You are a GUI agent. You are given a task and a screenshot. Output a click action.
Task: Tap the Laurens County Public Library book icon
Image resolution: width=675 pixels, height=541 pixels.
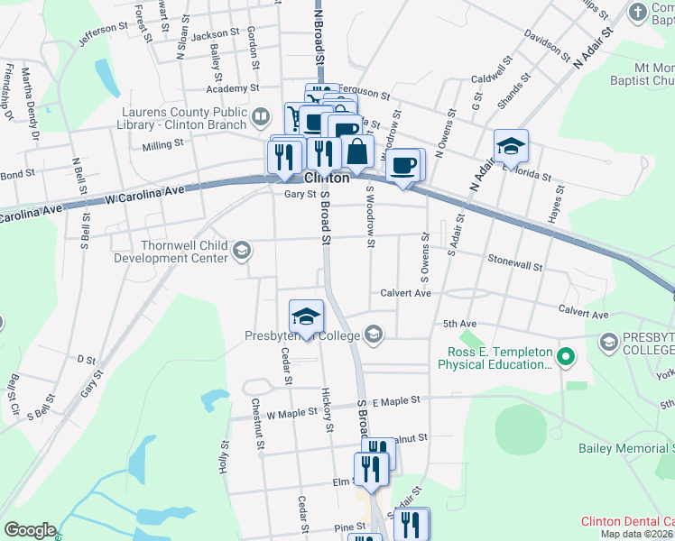(x=261, y=115)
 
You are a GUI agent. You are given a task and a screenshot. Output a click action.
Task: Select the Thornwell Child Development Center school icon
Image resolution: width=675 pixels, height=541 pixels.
(x=241, y=250)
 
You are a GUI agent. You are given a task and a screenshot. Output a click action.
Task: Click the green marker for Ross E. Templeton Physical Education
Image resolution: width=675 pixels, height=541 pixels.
(x=566, y=357)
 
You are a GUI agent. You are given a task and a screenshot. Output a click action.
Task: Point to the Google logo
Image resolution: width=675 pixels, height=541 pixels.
(x=30, y=530)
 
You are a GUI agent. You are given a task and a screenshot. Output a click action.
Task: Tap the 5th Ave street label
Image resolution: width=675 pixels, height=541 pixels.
(x=458, y=324)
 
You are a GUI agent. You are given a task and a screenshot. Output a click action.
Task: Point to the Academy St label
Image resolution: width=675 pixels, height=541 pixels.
(x=232, y=88)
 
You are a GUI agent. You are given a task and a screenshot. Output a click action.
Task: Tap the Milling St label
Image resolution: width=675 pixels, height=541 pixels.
(x=162, y=142)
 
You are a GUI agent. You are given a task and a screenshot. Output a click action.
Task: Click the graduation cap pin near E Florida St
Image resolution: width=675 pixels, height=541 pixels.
(x=511, y=147)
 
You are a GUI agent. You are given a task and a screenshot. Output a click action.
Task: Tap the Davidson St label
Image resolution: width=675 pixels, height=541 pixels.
(x=547, y=49)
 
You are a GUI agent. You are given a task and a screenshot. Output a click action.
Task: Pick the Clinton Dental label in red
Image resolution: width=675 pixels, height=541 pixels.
(x=627, y=521)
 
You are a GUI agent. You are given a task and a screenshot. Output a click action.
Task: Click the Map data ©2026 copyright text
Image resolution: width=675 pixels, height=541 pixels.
(x=636, y=534)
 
